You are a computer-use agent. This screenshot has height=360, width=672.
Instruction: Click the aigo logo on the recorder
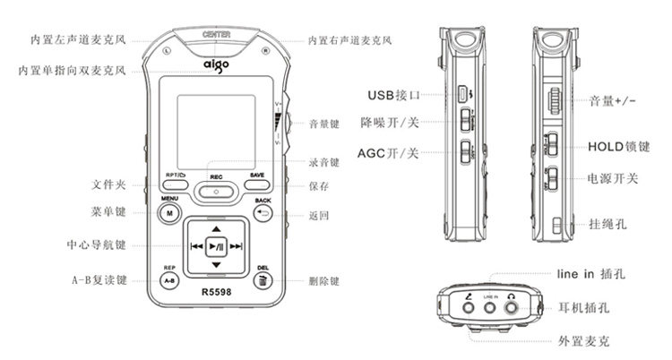pos(215,64)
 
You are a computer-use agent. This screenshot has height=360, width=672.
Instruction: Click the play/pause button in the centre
pos(215,246)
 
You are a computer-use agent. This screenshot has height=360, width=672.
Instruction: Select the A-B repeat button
pos(169,280)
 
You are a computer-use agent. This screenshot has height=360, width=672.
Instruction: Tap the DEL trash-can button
pos(263,280)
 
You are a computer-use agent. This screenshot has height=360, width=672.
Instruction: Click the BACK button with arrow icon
pos(263,214)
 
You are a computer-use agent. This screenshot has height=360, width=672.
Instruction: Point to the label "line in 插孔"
pos(597,275)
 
